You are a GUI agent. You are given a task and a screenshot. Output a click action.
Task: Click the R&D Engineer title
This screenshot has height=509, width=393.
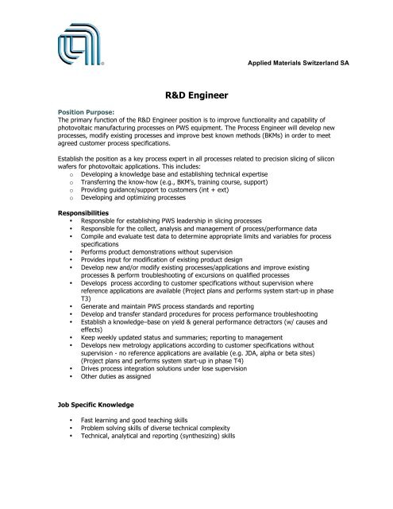point(195,92)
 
